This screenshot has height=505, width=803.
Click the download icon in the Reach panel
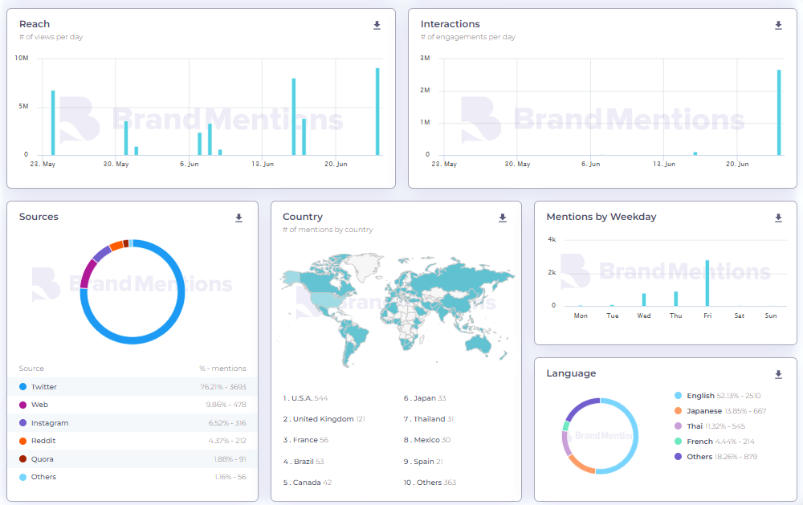pyautogui.click(x=377, y=26)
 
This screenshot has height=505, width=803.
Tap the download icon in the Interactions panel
pyautogui.click(x=778, y=26)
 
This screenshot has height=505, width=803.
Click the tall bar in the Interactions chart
pyautogui.click(x=778, y=112)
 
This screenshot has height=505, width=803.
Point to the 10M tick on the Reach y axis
pyautogui.click(x=22, y=59)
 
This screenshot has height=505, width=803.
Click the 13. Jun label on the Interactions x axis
pyautogui.click(x=663, y=164)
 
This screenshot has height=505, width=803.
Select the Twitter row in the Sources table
pyautogui.click(x=132, y=387)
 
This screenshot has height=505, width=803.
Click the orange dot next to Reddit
pyautogui.click(x=23, y=441)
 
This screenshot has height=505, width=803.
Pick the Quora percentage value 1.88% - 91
pyautogui.click(x=230, y=459)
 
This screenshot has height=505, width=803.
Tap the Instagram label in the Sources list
pyautogui.click(x=50, y=423)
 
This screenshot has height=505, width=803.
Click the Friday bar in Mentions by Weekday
pyautogui.click(x=707, y=283)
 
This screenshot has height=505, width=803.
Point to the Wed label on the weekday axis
pyautogui.click(x=644, y=316)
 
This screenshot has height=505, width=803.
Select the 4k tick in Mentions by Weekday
pyautogui.click(x=552, y=240)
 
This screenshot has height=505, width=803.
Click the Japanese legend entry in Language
pyautogui.click(x=704, y=411)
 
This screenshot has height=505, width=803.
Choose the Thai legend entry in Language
pyautogui.click(x=695, y=426)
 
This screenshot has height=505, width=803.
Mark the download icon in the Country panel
pyautogui.click(x=503, y=218)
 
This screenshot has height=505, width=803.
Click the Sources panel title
pyautogui.click(x=39, y=217)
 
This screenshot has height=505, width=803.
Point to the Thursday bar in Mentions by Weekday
pyautogui.click(x=676, y=299)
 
